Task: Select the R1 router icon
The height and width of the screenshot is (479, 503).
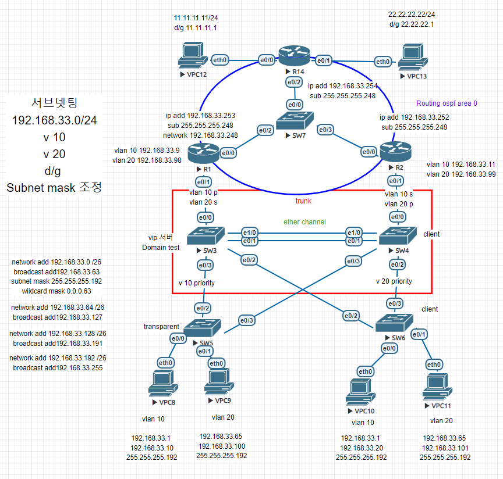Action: (204, 153)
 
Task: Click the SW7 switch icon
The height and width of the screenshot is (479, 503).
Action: (294, 121)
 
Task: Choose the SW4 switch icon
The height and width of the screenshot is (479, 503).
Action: (398, 235)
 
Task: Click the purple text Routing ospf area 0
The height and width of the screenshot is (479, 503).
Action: (447, 103)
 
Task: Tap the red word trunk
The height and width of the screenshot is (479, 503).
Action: (303, 201)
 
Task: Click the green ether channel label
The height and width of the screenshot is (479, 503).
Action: (304, 222)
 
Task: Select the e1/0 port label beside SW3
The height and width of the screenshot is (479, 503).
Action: (250, 232)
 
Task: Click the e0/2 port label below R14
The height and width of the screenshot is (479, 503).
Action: (294, 83)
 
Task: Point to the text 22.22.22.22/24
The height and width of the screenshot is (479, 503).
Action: (412, 14)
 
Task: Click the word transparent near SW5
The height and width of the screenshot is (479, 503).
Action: (162, 327)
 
